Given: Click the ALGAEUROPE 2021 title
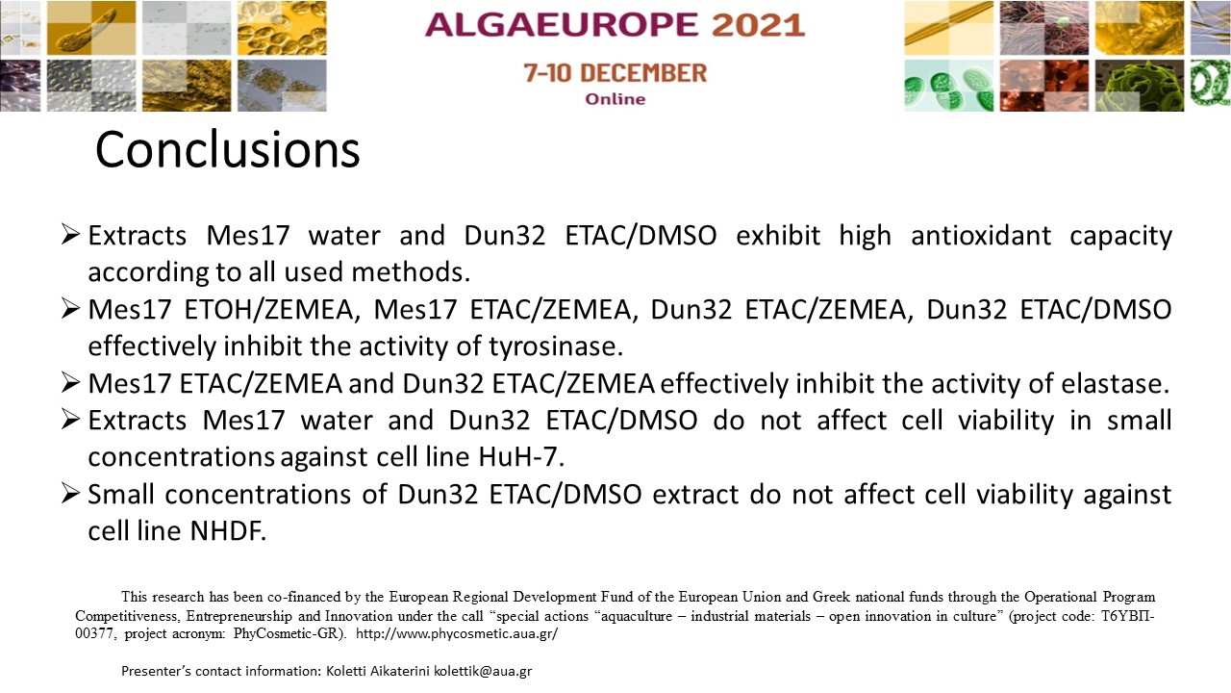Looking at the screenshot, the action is (x=615, y=25).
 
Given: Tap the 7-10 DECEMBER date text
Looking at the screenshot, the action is (x=615, y=73).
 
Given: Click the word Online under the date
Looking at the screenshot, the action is (x=615, y=99).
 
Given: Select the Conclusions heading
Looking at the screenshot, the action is (x=228, y=149).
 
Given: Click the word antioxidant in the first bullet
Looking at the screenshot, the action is (x=981, y=236).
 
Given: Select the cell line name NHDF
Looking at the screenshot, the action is (x=228, y=531).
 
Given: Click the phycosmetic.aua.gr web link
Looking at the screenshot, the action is (x=457, y=633).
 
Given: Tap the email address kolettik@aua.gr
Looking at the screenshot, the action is (x=483, y=672).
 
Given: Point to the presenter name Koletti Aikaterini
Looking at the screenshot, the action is (x=378, y=672).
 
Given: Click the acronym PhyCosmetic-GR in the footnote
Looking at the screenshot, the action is (x=289, y=633).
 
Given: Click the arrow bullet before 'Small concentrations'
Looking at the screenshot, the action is (x=71, y=493).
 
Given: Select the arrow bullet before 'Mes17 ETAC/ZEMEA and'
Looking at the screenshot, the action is (x=71, y=382).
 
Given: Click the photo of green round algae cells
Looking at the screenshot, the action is (x=949, y=86).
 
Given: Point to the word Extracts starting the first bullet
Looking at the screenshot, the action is (x=138, y=236).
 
